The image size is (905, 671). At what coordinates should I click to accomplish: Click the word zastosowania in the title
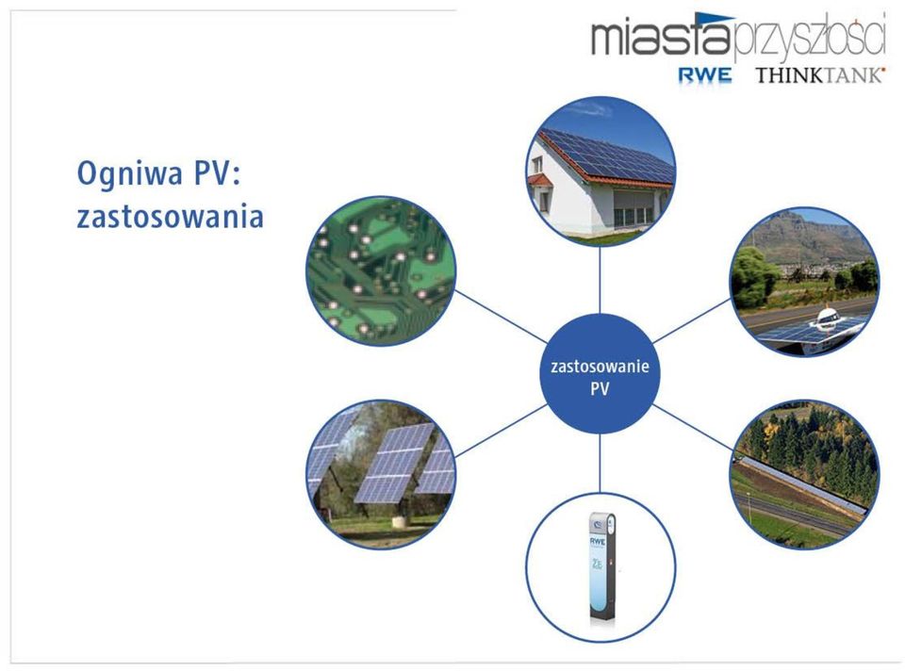pyautogui.click(x=171, y=217)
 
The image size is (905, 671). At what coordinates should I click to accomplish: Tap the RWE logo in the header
pyautogui.click(x=705, y=75)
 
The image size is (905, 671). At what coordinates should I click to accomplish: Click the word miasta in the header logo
pyautogui.click(x=662, y=36)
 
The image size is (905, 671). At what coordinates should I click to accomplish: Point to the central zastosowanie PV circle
pyautogui.click(x=600, y=374)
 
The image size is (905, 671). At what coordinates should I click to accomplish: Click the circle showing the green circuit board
pyautogui.click(x=381, y=271)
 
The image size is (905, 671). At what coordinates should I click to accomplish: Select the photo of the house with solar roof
pyautogui.click(x=601, y=172)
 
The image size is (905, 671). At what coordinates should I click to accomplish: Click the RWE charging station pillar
pyautogui.click(x=601, y=566)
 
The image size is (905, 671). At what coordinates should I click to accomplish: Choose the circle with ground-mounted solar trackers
pyautogui.click(x=381, y=474)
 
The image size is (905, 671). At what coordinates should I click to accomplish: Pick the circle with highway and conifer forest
pyautogui.click(x=804, y=474)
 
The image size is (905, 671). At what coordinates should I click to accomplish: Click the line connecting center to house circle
pyautogui.click(x=600, y=280)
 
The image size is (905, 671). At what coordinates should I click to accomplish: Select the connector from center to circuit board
pyautogui.click(x=501, y=317)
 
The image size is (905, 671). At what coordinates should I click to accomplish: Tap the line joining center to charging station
pyautogui.click(x=600, y=463)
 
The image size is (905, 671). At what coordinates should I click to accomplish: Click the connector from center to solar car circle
pyautogui.click(x=692, y=320)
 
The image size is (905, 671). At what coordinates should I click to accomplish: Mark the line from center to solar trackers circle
pyautogui.click(x=501, y=431)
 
